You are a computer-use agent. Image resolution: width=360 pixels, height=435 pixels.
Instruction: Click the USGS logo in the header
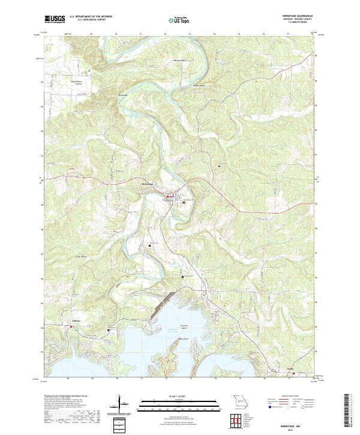point(55,19)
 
